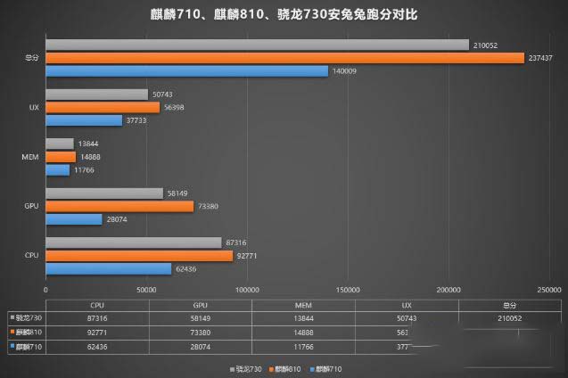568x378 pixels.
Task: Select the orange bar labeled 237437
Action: coord(284,58)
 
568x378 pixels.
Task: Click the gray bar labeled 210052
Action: coord(257,45)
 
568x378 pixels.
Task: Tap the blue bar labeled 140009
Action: coord(186,70)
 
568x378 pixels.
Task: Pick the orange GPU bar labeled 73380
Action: coord(119,206)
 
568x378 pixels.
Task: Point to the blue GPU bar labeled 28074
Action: coord(74,219)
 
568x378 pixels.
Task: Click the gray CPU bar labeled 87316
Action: coord(133,242)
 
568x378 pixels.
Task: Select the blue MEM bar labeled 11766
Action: coord(57,169)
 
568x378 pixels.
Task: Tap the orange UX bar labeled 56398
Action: coord(103,107)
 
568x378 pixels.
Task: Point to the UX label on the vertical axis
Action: coord(32,108)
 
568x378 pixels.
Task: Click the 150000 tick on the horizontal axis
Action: coord(348,290)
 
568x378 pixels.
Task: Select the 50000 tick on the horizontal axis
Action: coord(146,290)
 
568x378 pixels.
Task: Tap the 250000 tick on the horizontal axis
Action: coord(549,290)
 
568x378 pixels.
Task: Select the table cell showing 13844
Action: coord(300,317)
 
